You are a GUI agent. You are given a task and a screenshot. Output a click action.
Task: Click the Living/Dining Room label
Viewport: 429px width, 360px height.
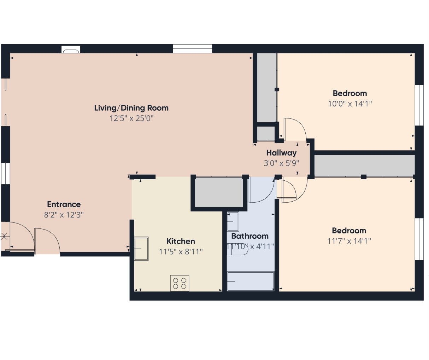[x=131, y=108]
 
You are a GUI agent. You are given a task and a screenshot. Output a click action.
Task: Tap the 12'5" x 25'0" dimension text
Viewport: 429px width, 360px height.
[x=131, y=118]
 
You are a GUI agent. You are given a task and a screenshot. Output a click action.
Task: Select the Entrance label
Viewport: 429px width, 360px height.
[x=64, y=204]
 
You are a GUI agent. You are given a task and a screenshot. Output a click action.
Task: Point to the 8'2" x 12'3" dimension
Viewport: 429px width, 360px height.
[x=64, y=215]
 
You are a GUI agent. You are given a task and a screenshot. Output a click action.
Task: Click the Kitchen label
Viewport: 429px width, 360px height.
[x=181, y=242]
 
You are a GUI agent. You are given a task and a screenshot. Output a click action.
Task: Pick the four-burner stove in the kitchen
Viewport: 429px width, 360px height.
[x=180, y=283]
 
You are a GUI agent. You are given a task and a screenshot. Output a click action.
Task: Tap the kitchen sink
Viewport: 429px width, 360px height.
[x=141, y=249]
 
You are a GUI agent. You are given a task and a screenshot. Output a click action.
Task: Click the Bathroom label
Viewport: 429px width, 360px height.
[x=250, y=236]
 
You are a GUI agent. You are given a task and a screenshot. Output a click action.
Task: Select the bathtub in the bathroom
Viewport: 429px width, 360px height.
[x=251, y=281]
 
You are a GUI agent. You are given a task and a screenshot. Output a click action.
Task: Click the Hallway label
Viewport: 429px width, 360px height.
[x=282, y=153]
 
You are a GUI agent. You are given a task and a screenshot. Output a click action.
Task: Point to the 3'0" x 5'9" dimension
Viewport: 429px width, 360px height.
[x=282, y=163]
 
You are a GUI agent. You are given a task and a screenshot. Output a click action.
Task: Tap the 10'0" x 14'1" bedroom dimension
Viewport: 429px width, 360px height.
[x=350, y=104]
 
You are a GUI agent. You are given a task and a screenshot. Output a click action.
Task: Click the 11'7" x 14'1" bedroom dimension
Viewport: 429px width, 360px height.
[x=349, y=241]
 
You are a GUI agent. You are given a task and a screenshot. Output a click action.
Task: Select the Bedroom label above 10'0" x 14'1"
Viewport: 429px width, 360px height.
[x=350, y=94]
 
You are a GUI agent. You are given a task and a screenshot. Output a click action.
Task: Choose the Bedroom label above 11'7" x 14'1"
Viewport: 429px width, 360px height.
[x=349, y=231]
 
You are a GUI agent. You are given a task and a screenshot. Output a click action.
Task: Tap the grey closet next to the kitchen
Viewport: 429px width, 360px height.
[x=219, y=192]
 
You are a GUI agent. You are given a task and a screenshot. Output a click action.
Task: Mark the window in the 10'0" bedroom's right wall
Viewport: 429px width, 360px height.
[x=419, y=105]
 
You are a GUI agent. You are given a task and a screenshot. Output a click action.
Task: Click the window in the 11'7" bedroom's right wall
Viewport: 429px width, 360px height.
[x=419, y=239]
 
